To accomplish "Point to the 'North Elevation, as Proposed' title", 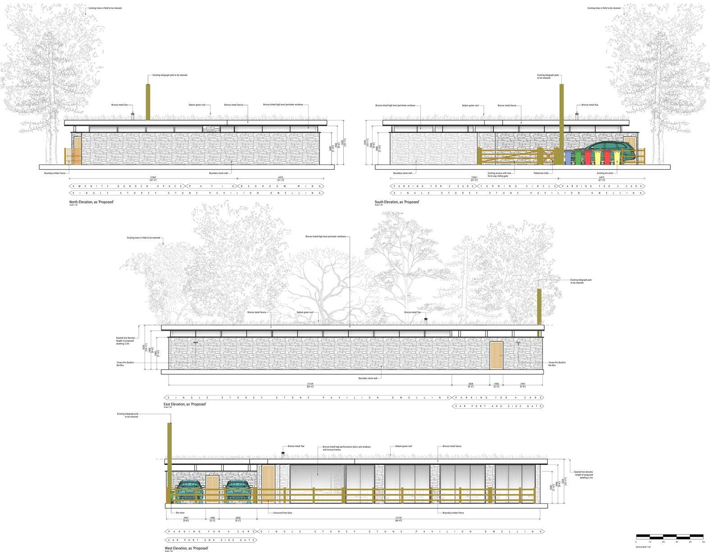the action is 91,202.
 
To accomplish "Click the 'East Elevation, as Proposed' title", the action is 185,404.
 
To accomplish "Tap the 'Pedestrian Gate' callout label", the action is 541,173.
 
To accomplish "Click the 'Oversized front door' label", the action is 283,513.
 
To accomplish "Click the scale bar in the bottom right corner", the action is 670,536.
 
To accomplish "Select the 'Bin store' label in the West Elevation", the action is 180,513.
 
